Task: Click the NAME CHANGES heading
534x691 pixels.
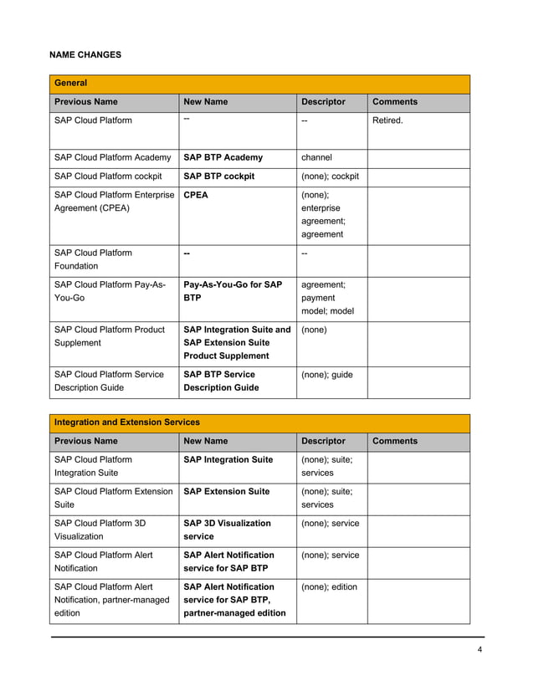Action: click(x=85, y=55)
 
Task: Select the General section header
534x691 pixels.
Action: click(x=71, y=84)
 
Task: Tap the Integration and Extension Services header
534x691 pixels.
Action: click(x=126, y=422)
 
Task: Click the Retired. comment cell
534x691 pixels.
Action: click(x=387, y=120)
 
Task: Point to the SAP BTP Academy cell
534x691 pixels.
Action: click(x=223, y=157)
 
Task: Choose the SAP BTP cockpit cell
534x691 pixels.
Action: click(x=218, y=177)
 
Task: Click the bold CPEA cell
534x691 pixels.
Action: click(x=196, y=196)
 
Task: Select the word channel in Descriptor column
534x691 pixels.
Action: click(x=316, y=157)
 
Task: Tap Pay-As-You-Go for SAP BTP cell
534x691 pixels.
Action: click(x=232, y=292)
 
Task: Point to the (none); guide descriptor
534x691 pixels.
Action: click(x=326, y=375)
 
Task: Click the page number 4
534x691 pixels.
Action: click(x=480, y=651)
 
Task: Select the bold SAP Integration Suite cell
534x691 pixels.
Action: click(x=228, y=459)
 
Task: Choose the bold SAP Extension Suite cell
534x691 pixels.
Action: click(x=226, y=491)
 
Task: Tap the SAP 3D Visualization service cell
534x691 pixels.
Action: click(x=227, y=530)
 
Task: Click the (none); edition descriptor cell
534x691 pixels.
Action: click(x=329, y=587)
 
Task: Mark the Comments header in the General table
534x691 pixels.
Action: click(x=394, y=102)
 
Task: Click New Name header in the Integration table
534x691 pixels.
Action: click(x=205, y=441)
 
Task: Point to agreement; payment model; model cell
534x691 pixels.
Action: click(x=327, y=298)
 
